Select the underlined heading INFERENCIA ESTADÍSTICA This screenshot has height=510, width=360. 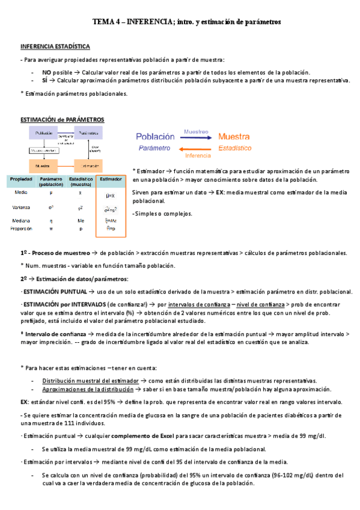(x=55, y=46)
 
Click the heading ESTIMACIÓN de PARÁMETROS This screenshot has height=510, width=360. (x=63, y=120)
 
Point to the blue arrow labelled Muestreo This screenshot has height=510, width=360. (x=196, y=137)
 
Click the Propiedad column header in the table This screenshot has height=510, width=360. (x=21, y=179)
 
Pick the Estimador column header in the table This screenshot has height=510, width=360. (x=110, y=179)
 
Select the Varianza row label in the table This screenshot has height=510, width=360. (x=21, y=207)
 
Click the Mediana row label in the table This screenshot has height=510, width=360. (x=21, y=221)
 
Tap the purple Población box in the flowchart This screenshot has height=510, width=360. (x=43, y=133)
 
